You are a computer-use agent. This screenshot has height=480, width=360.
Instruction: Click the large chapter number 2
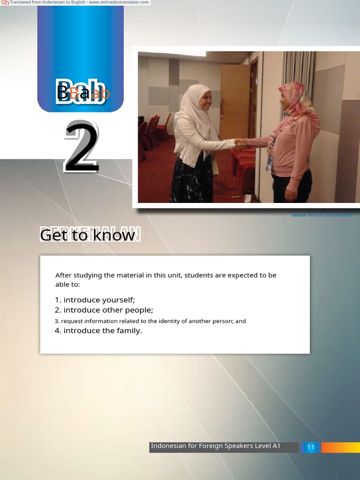[82, 147]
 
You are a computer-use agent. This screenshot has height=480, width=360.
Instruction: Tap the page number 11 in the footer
[310, 447]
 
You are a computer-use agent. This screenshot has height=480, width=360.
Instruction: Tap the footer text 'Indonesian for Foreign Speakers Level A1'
[216, 446]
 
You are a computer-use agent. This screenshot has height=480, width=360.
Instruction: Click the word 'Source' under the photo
[299, 215]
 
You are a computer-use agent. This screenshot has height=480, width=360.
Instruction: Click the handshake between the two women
[240, 144]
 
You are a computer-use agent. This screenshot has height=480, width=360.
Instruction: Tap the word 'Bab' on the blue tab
[81, 92]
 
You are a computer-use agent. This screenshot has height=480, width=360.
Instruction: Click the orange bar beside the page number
[340, 447]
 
